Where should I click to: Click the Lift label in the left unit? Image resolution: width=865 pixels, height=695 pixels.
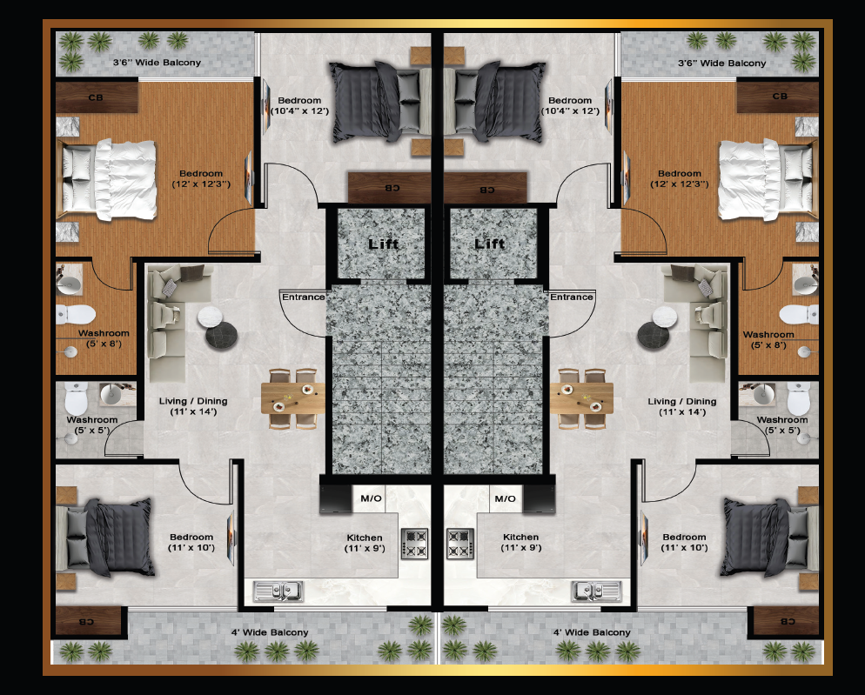point(384,244)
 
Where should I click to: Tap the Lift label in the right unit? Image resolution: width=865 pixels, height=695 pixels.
point(490,244)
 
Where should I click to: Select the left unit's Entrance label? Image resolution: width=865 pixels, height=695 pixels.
point(304,297)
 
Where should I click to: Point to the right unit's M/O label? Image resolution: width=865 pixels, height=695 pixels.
point(506,498)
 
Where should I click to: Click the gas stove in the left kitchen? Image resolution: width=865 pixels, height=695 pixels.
point(414,544)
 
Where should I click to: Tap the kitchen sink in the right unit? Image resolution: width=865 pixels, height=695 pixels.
point(596,591)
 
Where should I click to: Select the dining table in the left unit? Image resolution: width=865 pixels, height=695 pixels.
point(293,398)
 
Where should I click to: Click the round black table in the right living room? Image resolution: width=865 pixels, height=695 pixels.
point(654,336)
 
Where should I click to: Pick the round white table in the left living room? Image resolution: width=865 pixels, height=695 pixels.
point(211,317)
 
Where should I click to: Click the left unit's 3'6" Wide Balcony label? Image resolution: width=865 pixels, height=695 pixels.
point(158,63)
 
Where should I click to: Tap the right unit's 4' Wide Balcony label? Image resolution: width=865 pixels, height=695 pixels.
point(592,632)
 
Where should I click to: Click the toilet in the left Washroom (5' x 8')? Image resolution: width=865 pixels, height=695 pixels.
point(76,314)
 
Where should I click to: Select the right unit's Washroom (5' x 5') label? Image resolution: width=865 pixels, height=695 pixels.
point(782,424)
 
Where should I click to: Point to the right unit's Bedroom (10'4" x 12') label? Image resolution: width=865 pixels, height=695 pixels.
point(570,105)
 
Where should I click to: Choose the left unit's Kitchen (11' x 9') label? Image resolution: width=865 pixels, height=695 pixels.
point(365,543)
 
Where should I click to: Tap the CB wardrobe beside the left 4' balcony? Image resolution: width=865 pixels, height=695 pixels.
point(88,621)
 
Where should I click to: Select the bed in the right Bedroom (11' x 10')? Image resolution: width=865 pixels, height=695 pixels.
point(771,538)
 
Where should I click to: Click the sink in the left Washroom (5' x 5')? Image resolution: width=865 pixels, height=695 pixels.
point(111,394)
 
